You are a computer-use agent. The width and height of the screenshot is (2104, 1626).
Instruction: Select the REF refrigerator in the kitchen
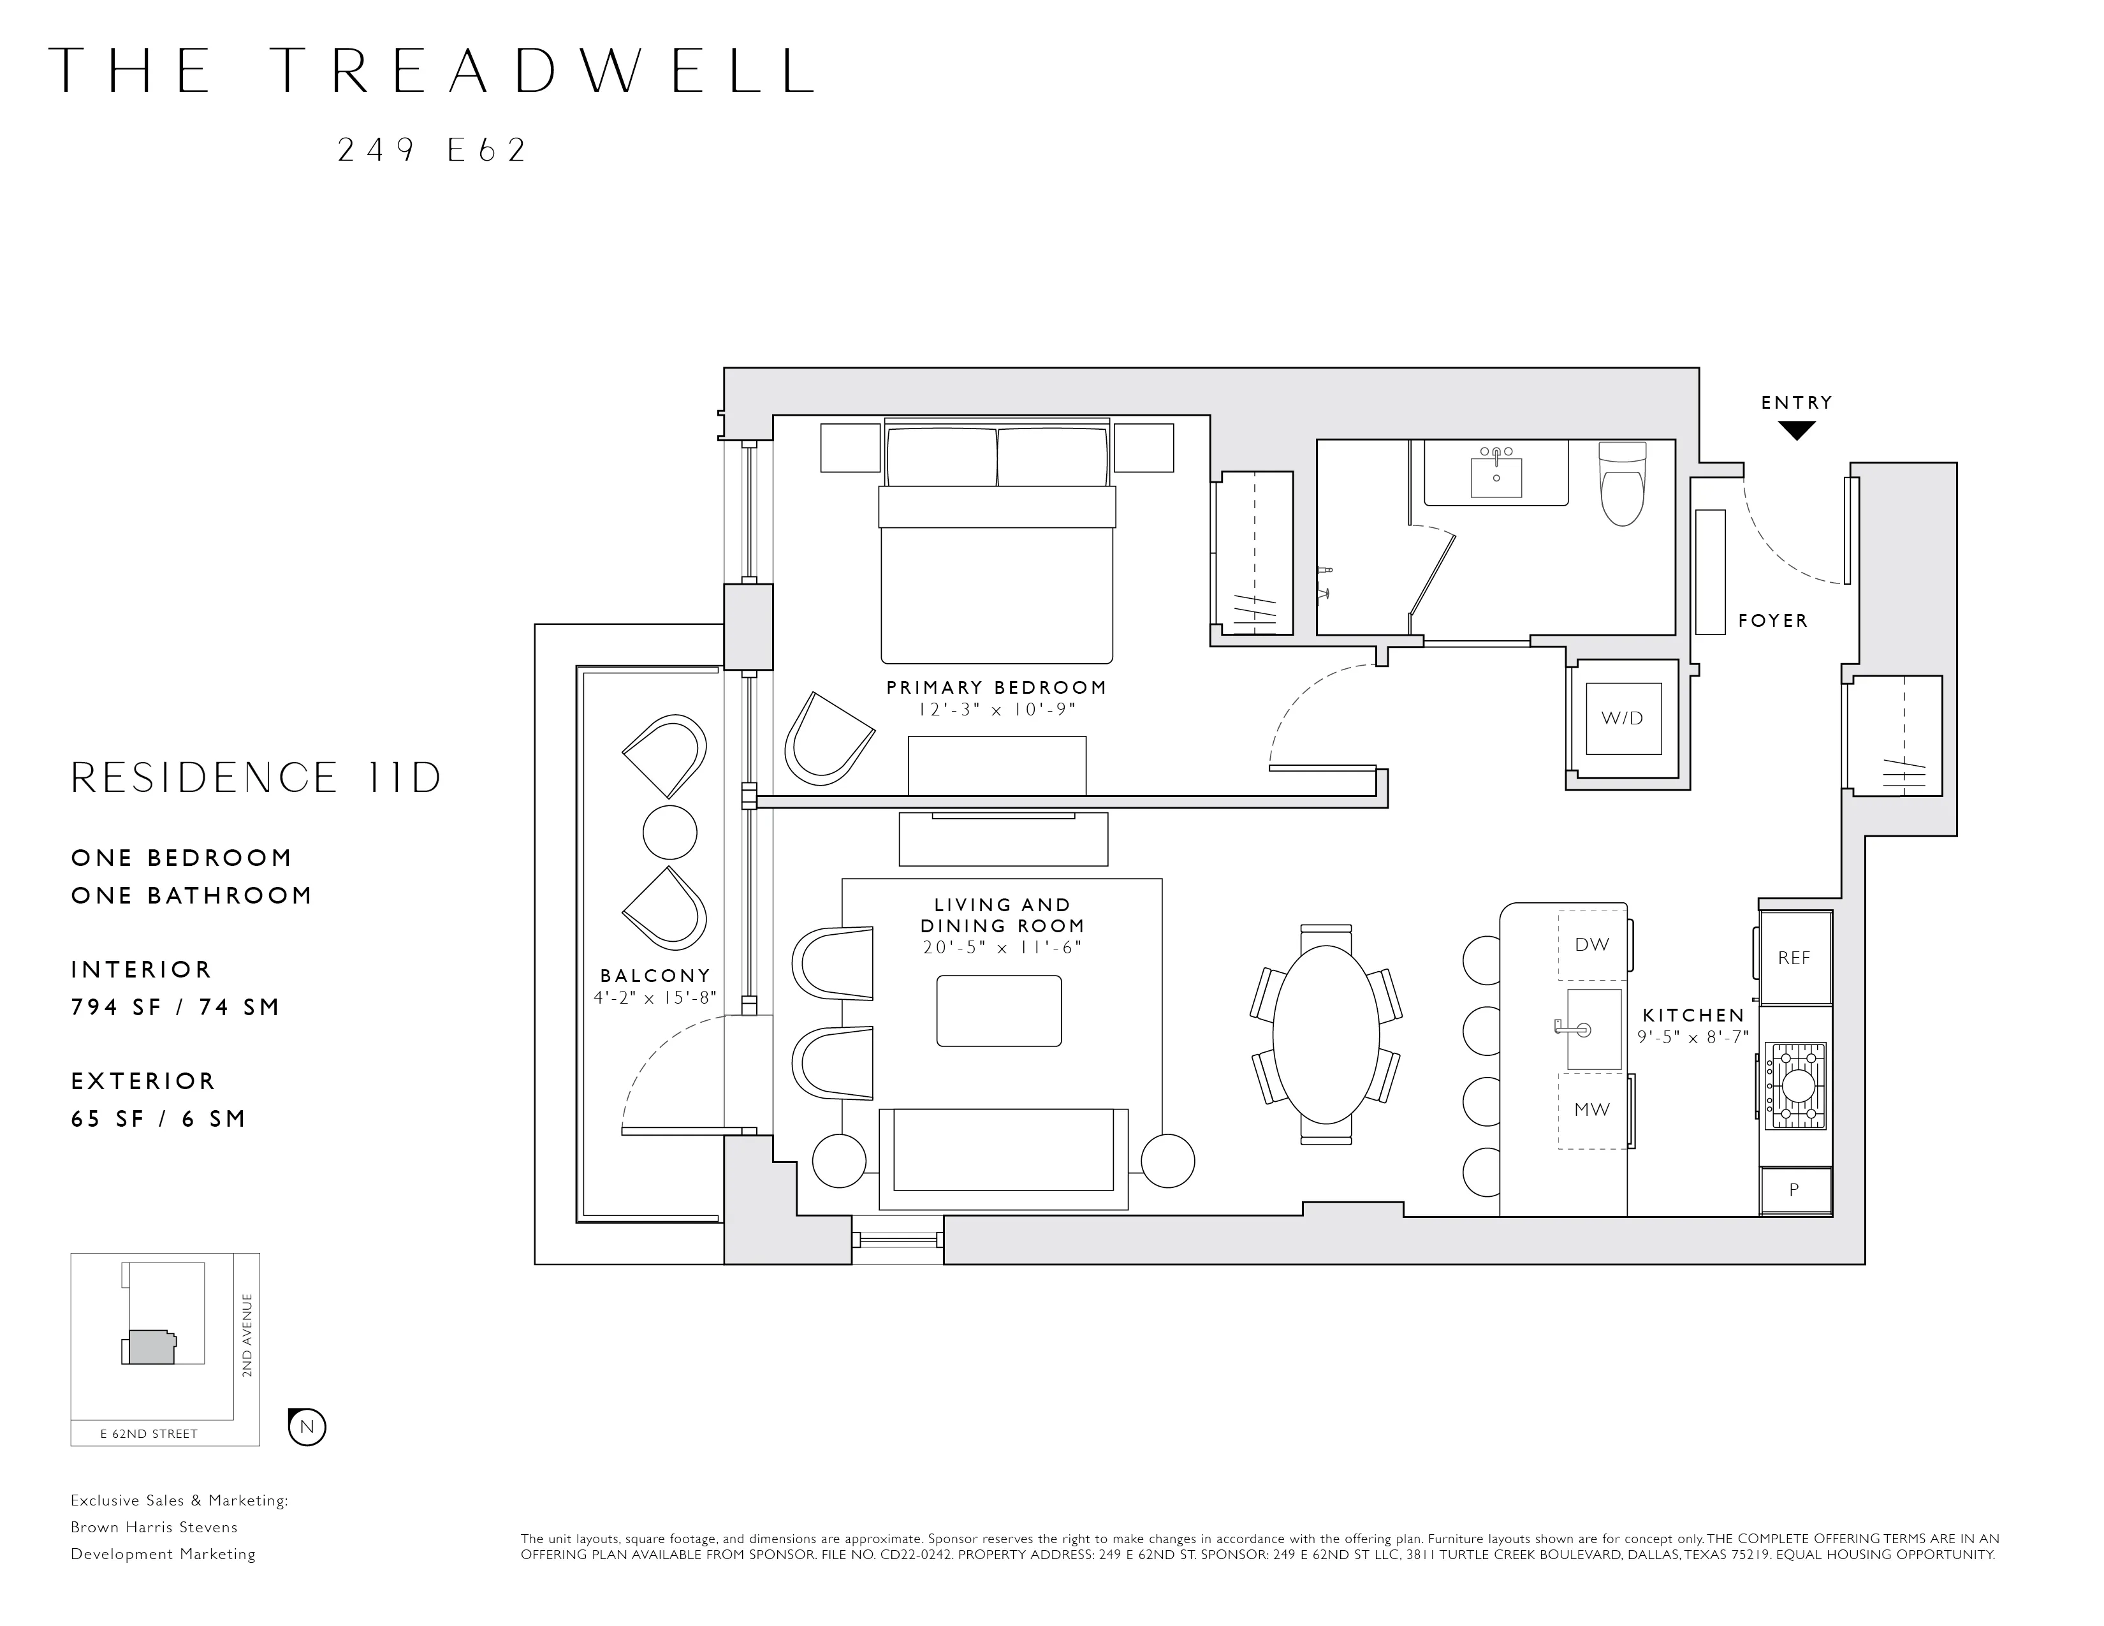coord(1794,958)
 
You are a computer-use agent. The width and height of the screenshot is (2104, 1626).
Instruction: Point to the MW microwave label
coord(1591,1110)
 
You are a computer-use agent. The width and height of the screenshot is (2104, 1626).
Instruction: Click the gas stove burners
coord(1795,1086)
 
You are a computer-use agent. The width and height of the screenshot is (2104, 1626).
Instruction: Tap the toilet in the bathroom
coord(1623,485)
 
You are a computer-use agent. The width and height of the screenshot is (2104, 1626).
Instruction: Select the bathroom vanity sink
coord(1496,477)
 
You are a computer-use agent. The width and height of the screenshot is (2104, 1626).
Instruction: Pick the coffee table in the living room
coord(999,1011)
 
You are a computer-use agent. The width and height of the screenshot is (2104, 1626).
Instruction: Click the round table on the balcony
coord(669,832)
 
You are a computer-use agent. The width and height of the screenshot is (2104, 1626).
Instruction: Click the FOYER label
coord(1772,621)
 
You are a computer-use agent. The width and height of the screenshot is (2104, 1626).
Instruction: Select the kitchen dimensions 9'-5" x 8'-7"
coord(1693,1037)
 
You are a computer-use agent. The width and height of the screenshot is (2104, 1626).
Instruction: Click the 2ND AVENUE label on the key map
coord(247,1336)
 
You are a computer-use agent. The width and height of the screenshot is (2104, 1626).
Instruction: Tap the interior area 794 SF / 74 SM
coord(175,1007)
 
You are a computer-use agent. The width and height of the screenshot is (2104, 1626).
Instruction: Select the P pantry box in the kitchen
coord(1794,1190)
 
